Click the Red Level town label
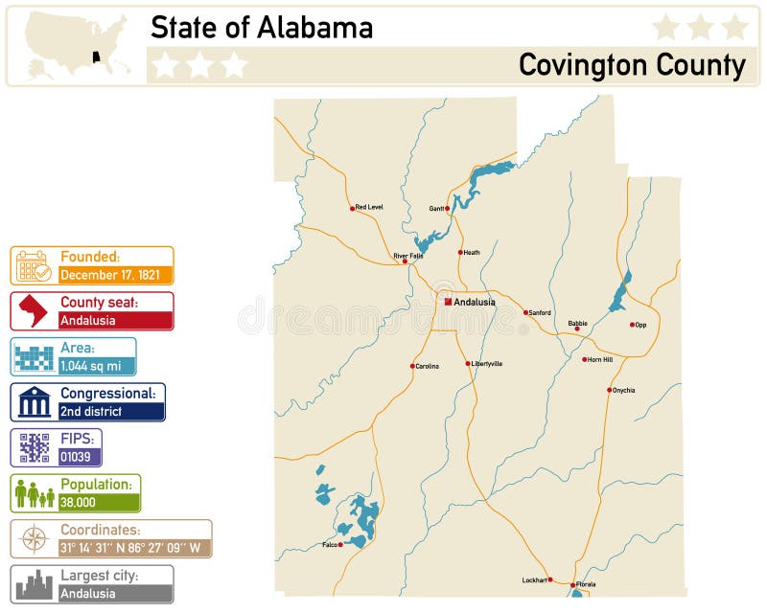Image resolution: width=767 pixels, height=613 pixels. coord(369,207)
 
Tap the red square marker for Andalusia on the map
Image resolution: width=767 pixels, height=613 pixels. coord(448,302)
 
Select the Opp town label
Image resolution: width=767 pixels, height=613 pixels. coord(640,325)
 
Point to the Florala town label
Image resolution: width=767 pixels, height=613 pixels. coord(586,584)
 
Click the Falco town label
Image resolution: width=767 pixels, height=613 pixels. coord(330,545)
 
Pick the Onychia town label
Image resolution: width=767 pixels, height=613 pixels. coord(623,390)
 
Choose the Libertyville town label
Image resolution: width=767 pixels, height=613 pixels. coord(487,364)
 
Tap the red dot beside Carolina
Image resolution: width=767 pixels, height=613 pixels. coord(413,366)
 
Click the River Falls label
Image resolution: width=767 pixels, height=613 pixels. coord(407,256)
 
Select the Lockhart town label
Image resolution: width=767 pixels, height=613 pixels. coord(535,579)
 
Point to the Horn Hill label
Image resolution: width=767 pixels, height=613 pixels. coord(600,359)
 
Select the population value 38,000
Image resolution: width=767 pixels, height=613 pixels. coord(78,502)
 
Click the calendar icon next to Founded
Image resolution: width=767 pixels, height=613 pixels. coord(33,265)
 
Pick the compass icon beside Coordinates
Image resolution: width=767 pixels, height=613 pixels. coord(34,539)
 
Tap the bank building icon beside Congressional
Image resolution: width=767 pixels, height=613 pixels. coord(34,402)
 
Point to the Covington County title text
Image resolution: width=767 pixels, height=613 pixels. coord(632,65)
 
